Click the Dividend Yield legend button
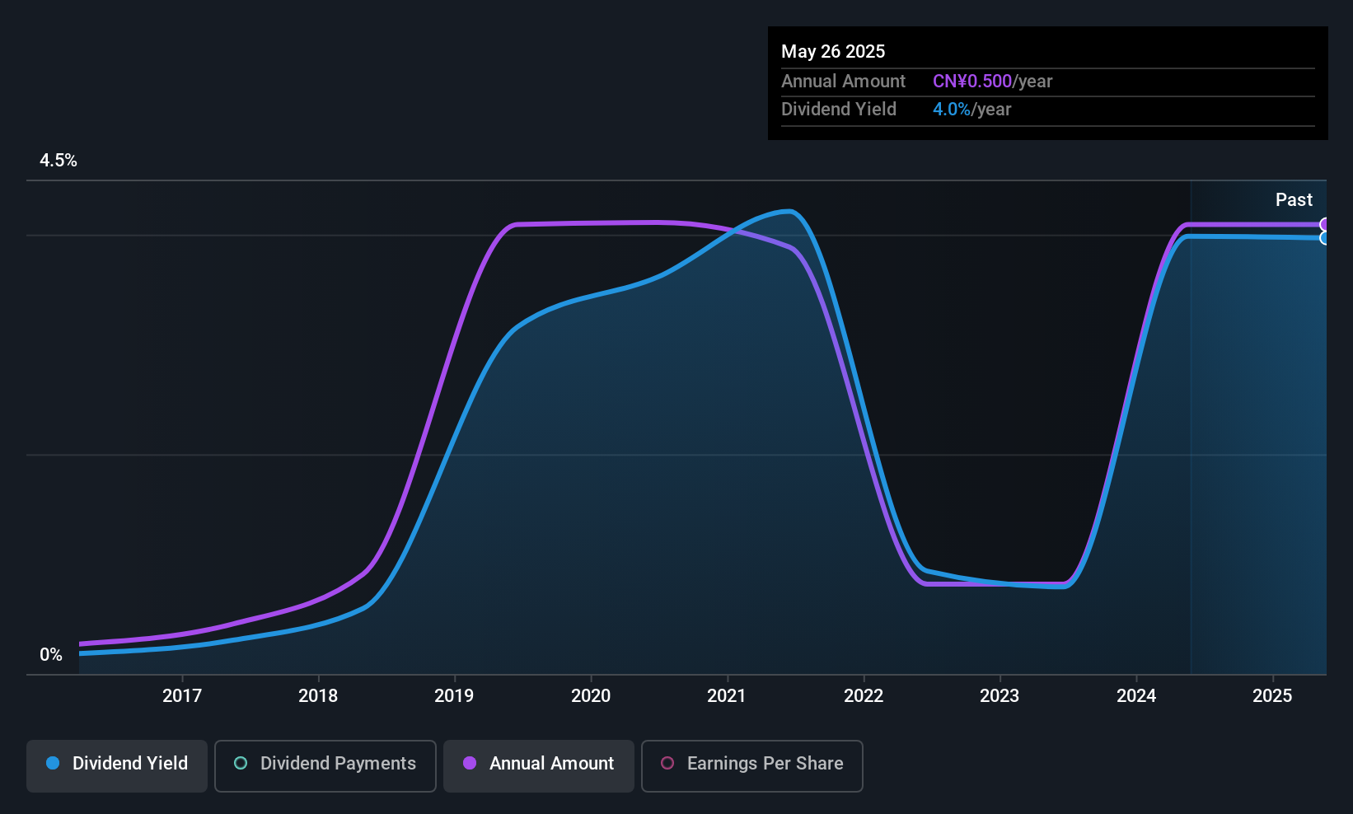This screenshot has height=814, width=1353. coord(117,765)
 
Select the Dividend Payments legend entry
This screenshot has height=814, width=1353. coord(325,765)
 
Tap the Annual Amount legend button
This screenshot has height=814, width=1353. coord(539,765)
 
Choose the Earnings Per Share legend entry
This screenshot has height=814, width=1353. coord(751,765)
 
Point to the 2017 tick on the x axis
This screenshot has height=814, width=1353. coord(182,696)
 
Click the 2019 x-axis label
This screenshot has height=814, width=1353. coord(454,696)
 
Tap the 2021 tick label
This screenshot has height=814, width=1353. coord(727,696)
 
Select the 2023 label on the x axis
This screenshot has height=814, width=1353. coord(1000,696)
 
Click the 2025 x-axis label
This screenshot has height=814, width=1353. coord(1272,696)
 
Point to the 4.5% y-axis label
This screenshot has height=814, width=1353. coord(59,161)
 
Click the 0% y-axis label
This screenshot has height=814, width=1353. coord(51,655)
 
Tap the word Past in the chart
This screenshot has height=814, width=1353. coord(1294,200)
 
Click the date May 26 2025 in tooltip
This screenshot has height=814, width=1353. coord(833,52)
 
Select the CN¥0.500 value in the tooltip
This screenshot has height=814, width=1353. coord(972,82)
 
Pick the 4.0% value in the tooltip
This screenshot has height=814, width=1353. coord(951,110)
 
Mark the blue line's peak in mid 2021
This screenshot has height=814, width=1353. coord(789,212)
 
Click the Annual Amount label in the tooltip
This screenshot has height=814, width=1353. coord(843,82)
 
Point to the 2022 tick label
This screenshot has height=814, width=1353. coord(864,696)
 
